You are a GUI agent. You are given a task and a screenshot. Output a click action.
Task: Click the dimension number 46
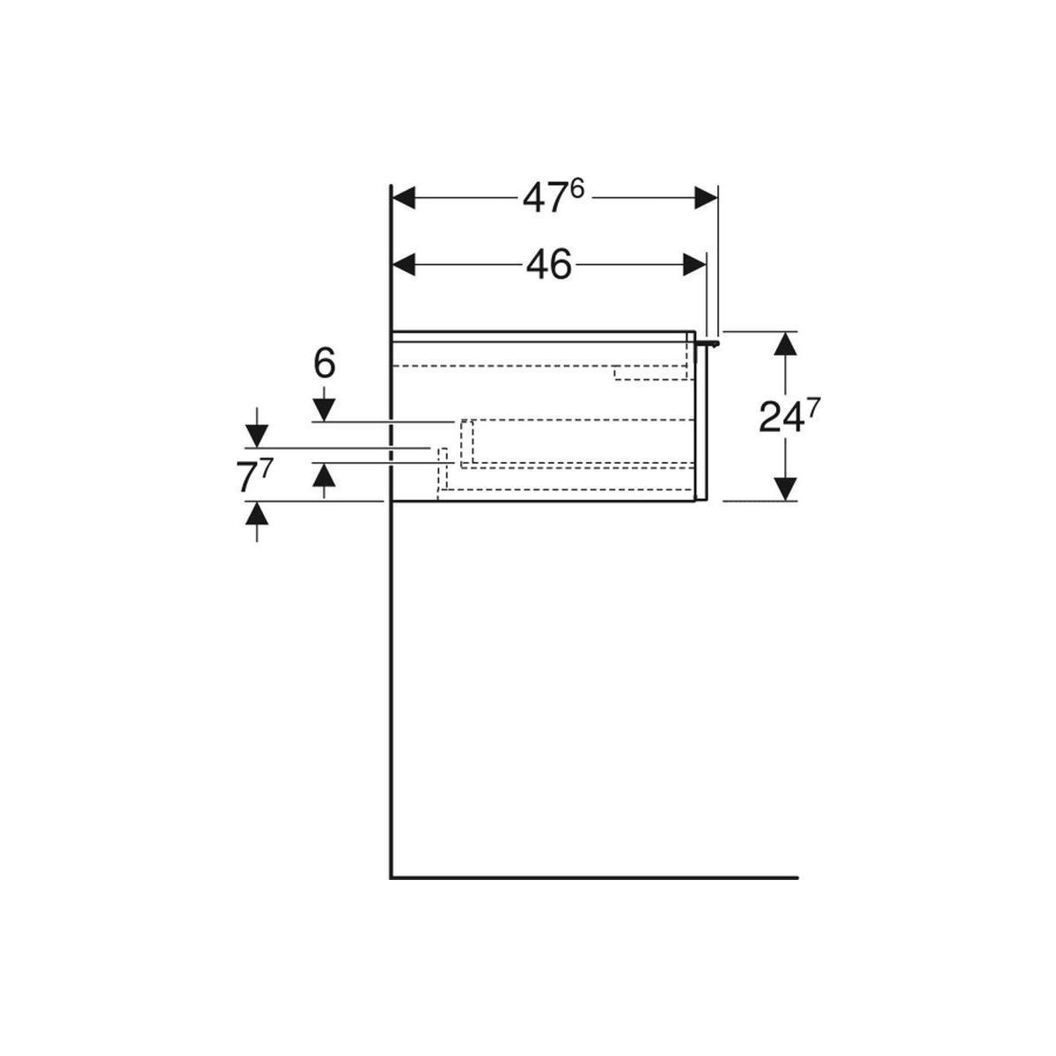pyautogui.click(x=548, y=265)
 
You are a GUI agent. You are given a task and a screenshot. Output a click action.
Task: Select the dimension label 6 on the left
pyautogui.click(x=324, y=363)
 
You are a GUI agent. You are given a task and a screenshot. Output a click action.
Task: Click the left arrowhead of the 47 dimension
pyautogui.click(x=405, y=198)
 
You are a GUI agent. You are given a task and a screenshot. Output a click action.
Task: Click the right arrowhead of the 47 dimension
pyautogui.click(x=706, y=198)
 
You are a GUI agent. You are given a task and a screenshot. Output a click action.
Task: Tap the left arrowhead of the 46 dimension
pyautogui.click(x=405, y=265)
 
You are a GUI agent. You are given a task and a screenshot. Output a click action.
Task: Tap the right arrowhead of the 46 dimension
pyautogui.click(x=694, y=265)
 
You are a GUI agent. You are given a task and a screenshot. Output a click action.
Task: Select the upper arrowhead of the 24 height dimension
pyautogui.click(x=787, y=343)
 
